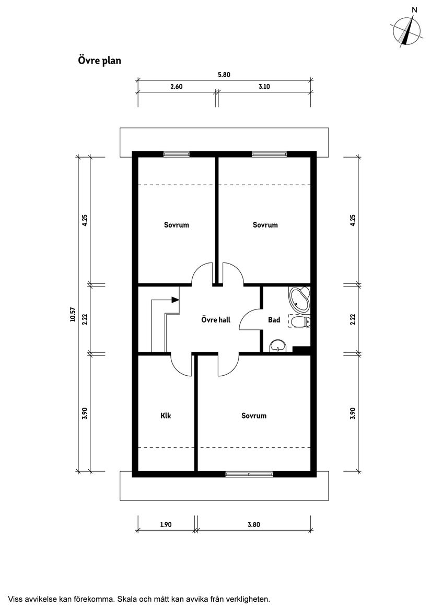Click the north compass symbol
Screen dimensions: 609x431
[407, 31]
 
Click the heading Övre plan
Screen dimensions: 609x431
[99, 61]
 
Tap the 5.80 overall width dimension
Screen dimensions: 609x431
[224, 75]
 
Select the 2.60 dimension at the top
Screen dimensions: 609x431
[177, 87]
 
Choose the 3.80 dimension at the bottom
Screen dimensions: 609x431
[253, 525]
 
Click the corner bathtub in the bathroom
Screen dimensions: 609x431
[300, 299]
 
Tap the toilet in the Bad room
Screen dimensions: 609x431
[300, 322]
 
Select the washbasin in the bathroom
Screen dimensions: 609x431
[278, 345]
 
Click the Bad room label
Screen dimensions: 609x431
[274, 319]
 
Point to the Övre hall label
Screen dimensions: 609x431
[216, 319]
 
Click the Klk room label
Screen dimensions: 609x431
[166, 416]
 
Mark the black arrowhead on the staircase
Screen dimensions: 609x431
[175, 300]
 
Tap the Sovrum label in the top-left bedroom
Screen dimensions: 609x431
[176, 225]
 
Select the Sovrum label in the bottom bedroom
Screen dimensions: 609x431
[254, 416]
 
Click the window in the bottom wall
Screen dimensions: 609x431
[249, 474]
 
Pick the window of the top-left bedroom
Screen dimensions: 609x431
[176, 154]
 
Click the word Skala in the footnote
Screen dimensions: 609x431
[131, 599]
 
